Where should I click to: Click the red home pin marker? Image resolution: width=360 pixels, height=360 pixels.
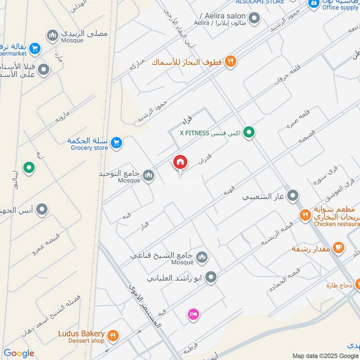click(x=180, y=162)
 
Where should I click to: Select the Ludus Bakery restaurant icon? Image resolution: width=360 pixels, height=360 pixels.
click(x=112, y=335)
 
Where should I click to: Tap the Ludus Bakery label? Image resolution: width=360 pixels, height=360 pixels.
click(x=81, y=334)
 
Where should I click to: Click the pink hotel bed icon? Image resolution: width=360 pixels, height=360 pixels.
click(x=193, y=314)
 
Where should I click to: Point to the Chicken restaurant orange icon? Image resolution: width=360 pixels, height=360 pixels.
click(x=306, y=215)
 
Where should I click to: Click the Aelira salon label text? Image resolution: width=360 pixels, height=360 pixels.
click(x=222, y=16)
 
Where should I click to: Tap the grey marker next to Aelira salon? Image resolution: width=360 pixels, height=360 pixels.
click(x=255, y=19)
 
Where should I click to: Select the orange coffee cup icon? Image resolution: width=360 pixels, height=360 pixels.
click(x=338, y=247)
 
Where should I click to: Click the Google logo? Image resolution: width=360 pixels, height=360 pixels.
click(x=18, y=354)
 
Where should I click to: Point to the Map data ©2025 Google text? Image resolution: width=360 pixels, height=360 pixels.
click(x=325, y=355)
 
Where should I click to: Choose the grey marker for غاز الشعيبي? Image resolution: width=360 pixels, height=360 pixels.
click(x=293, y=196)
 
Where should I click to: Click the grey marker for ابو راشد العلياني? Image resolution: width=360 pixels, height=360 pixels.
click(x=211, y=278)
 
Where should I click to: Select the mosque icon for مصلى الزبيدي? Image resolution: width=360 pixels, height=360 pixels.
click(x=53, y=36)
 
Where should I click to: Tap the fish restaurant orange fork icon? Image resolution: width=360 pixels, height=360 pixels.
click(x=231, y=62)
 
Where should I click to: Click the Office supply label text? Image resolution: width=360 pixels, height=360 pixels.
click(x=340, y=7)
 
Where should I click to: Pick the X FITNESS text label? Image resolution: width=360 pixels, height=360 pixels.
click(x=194, y=133)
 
